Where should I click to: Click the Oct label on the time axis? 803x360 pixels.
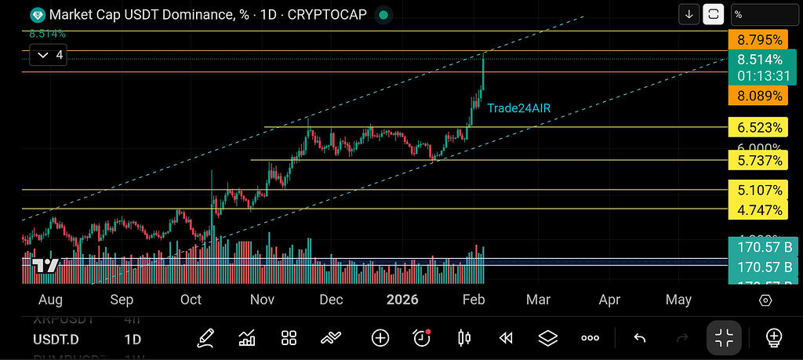coord(191,300)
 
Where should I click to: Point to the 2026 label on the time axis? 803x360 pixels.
coord(402,300)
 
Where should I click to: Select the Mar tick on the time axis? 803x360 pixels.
coord(538,300)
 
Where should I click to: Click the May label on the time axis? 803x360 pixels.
coord(678,300)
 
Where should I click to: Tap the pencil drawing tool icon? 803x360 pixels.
coord(206,338)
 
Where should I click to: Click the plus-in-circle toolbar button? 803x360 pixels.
coord(380,338)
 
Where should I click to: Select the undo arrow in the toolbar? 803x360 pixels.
coord(639,338)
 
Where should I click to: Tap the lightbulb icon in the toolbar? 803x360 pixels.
coord(774,338)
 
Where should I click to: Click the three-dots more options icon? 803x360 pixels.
coord(590,338)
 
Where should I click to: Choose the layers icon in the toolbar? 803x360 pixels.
coord(548,338)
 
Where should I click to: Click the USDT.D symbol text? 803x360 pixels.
coord(55,340)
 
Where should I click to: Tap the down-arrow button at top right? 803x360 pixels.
coord(689,14)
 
